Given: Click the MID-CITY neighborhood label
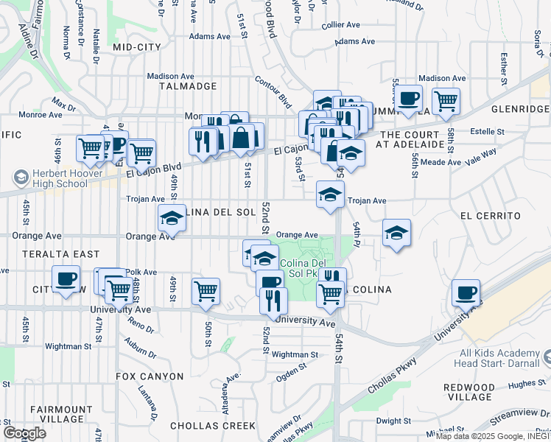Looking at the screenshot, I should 137,47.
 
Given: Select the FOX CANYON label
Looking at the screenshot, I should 150,376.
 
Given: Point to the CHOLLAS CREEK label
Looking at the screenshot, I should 213,426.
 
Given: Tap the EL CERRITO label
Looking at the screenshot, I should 490,216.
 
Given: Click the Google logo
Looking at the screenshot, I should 24,433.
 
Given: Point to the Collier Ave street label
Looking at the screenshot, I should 340,24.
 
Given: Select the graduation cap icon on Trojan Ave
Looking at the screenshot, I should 329,194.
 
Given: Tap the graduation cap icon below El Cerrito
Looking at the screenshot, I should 396,233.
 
